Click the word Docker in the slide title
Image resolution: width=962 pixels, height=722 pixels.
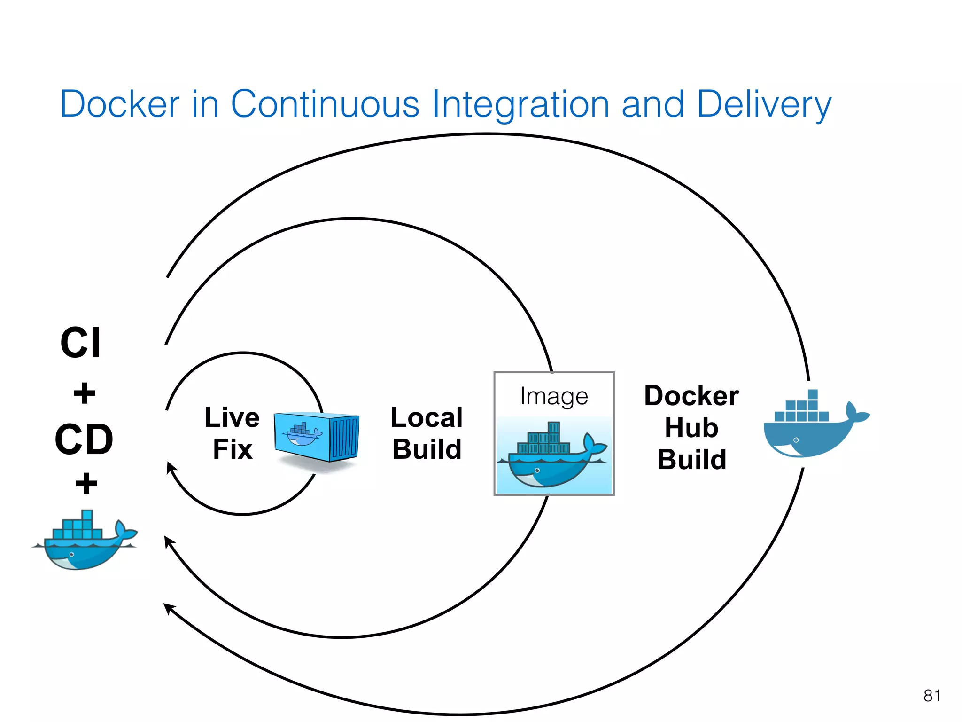point(120,104)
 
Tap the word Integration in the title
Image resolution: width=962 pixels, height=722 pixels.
point(521,104)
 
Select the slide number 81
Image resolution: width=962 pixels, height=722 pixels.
point(932,696)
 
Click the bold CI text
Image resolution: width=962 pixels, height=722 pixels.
point(80,343)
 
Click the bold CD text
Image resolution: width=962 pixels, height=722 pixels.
point(84,439)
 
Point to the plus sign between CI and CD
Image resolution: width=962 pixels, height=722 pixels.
point(85,393)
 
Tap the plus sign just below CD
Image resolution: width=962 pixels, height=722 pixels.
point(86,483)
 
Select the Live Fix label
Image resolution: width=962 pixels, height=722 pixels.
point(232,433)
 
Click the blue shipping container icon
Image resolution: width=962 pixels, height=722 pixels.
point(317,437)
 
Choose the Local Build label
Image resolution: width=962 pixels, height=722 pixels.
point(427,433)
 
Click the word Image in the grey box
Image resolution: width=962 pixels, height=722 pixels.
point(554,396)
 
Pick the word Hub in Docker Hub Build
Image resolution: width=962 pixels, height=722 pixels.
point(691,428)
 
